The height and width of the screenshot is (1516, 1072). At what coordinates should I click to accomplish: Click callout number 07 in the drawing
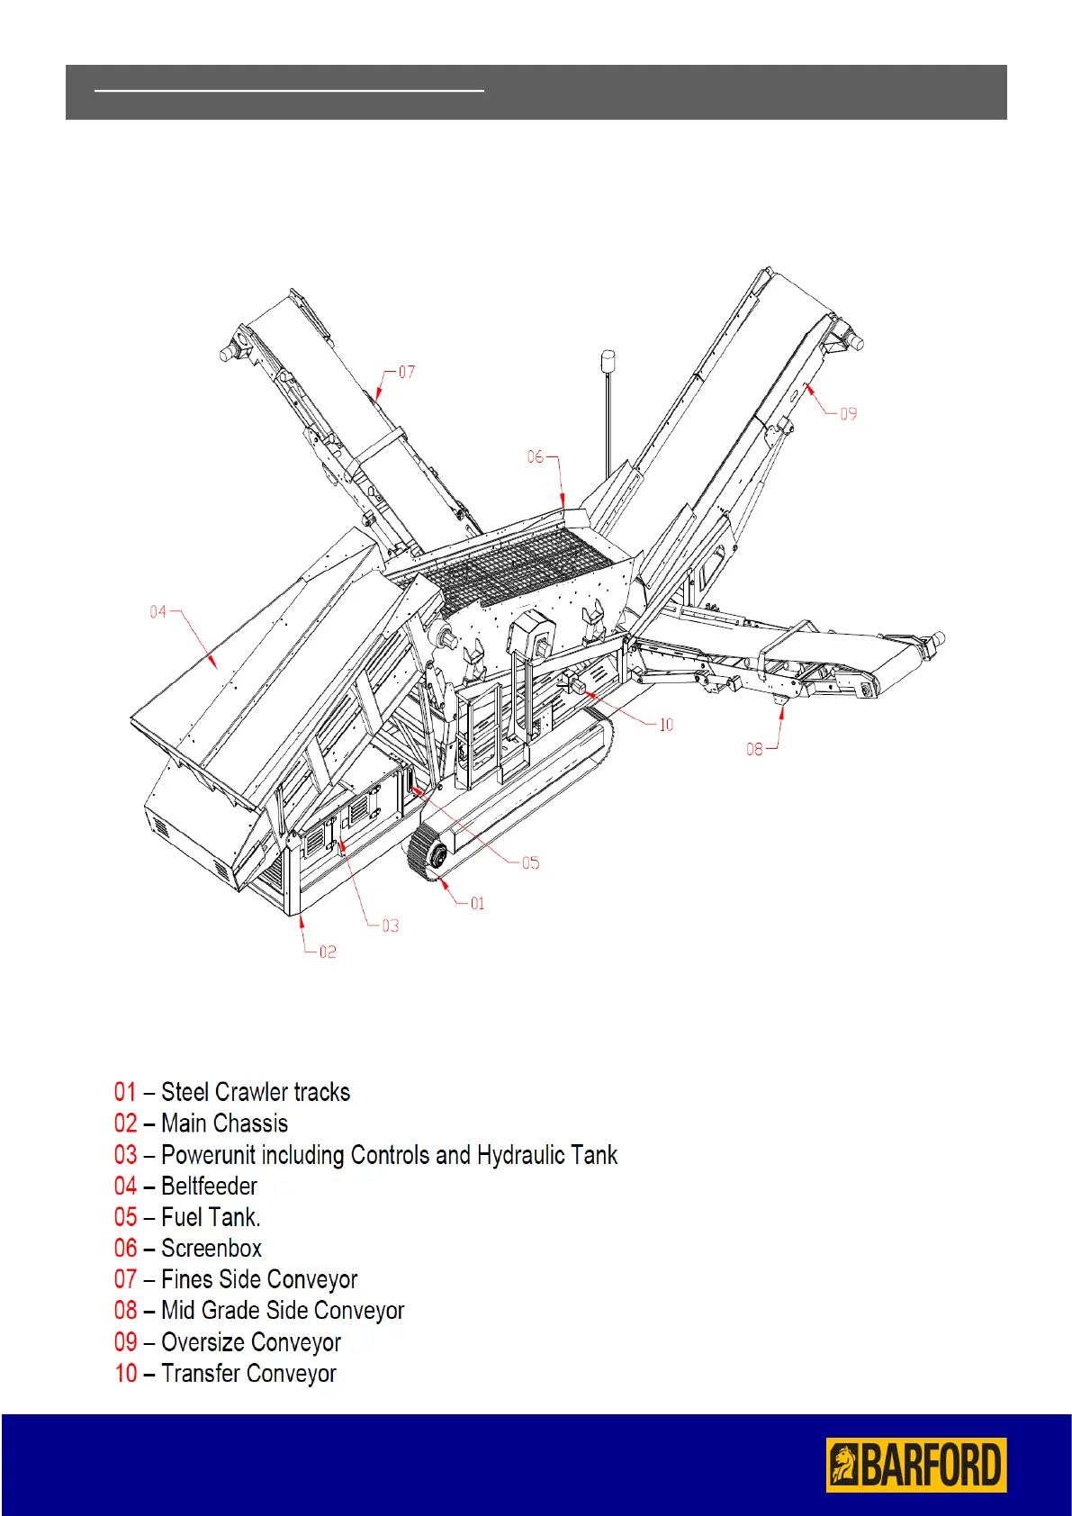click(407, 372)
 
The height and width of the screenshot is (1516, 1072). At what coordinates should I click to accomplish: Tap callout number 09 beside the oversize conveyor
click(848, 414)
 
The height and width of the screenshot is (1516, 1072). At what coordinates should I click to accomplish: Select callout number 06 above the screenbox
click(536, 457)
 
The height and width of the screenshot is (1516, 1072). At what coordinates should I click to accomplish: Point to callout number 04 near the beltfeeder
click(158, 612)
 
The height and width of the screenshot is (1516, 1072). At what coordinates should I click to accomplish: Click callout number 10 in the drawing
click(666, 725)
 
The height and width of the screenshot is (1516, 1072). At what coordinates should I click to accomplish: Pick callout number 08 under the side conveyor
click(754, 749)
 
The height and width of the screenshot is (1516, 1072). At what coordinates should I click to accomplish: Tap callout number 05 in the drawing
click(531, 863)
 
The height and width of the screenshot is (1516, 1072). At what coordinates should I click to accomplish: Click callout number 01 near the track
click(477, 903)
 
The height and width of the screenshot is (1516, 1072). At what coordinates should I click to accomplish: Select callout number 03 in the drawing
click(390, 925)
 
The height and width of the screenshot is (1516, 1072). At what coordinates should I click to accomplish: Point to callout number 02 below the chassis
click(328, 952)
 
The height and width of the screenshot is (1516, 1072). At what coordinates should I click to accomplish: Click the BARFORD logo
click(915, 1465)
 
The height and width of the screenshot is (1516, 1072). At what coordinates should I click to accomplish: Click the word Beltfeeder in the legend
click(209, 1187)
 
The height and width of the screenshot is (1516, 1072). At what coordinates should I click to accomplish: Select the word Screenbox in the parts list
click(212, 1249)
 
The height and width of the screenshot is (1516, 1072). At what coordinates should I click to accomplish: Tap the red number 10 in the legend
click(126, 1374)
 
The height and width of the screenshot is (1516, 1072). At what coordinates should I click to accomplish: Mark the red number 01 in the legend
click(125, 1092)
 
